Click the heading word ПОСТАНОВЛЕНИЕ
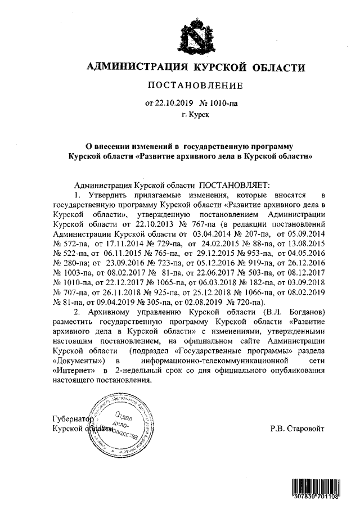point(195,86)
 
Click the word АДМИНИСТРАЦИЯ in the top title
point(137,69)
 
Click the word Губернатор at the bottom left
point(71,419)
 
